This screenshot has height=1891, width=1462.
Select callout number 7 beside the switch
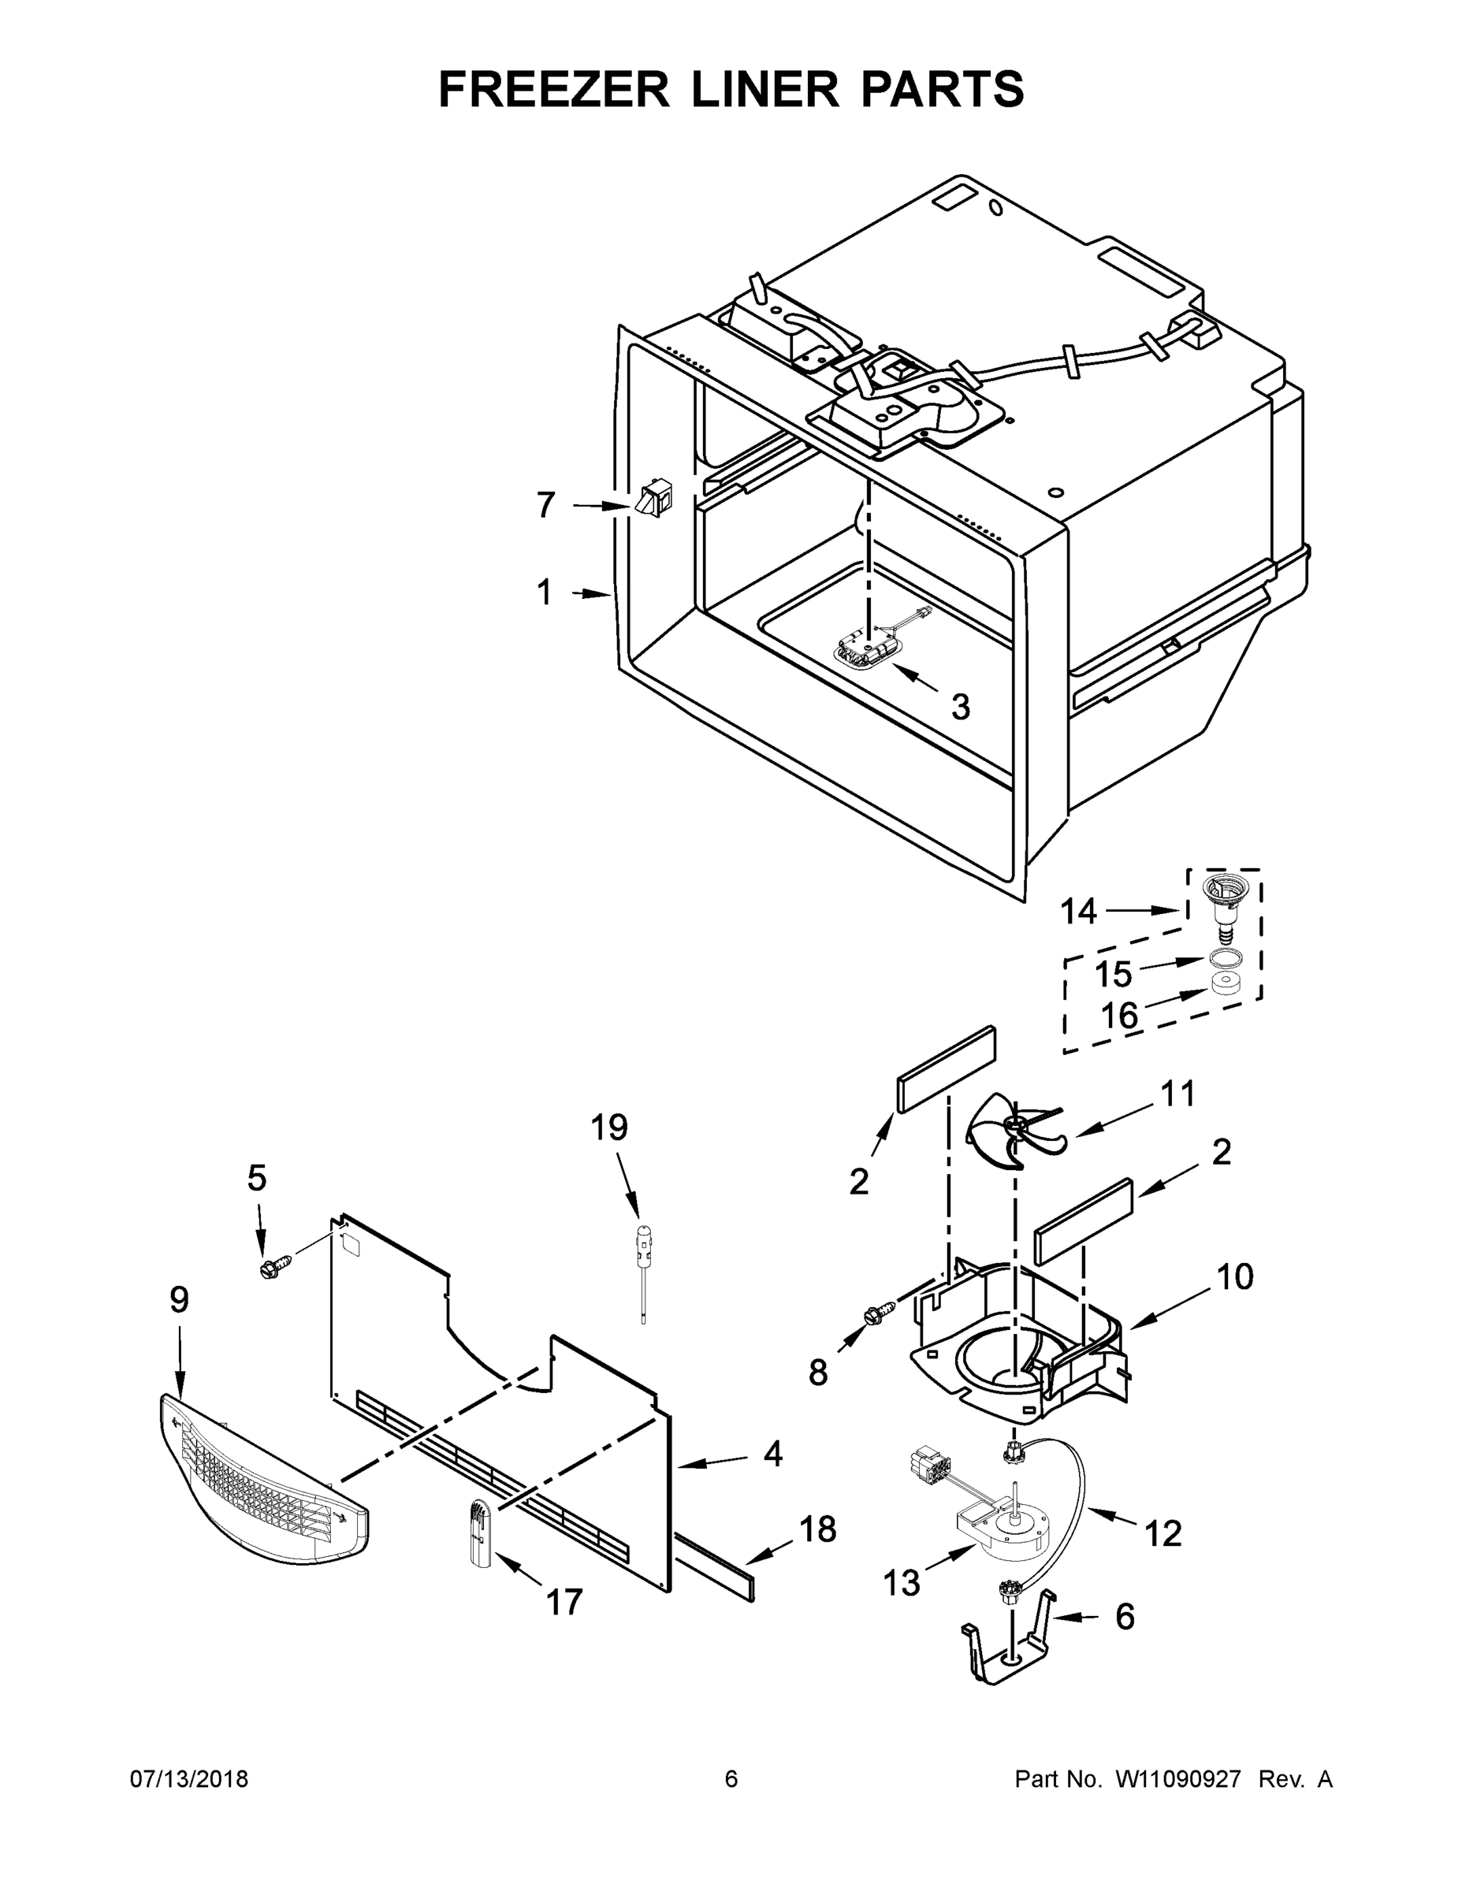pyautogui.click(x=545, y=505)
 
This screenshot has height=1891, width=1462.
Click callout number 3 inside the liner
pyautogui.click(x=960, y=707)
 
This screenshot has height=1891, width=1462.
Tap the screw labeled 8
pyautogui.click(x=874, y=1316)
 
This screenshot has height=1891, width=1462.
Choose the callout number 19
pyautogui.click(x=609, y=1128)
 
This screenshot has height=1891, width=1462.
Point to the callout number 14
pyautogui.click(x=1079, y=911)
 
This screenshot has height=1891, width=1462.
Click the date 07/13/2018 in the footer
pyautogui.click(x=189, y=1778)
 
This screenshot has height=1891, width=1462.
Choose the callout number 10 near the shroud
pyautogui.click(x=1234, y=1276)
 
